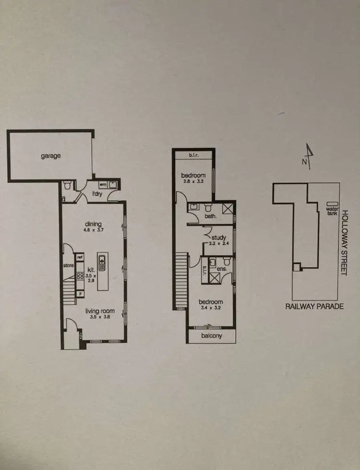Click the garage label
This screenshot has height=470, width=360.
pyautogui.click(x=50, y=156)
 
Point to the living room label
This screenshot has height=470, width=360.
pyautogui.click(x=99, y=312)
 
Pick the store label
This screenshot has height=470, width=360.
pyautogui.click(x=68, y=265)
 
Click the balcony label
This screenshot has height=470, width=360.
pyautogui.click(x=212, y=337)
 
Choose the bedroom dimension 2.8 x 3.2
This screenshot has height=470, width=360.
pyautogui.click(x=194, y=182)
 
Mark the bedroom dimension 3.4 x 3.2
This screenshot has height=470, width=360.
pyautogui.click(x=211, y=309)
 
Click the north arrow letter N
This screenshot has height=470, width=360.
pyautogui.click(x=304, y=162)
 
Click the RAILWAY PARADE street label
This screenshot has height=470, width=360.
pyautogui.click(x=314, y=306)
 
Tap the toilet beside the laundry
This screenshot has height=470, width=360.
pyautogui.click(x=67, y=185)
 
